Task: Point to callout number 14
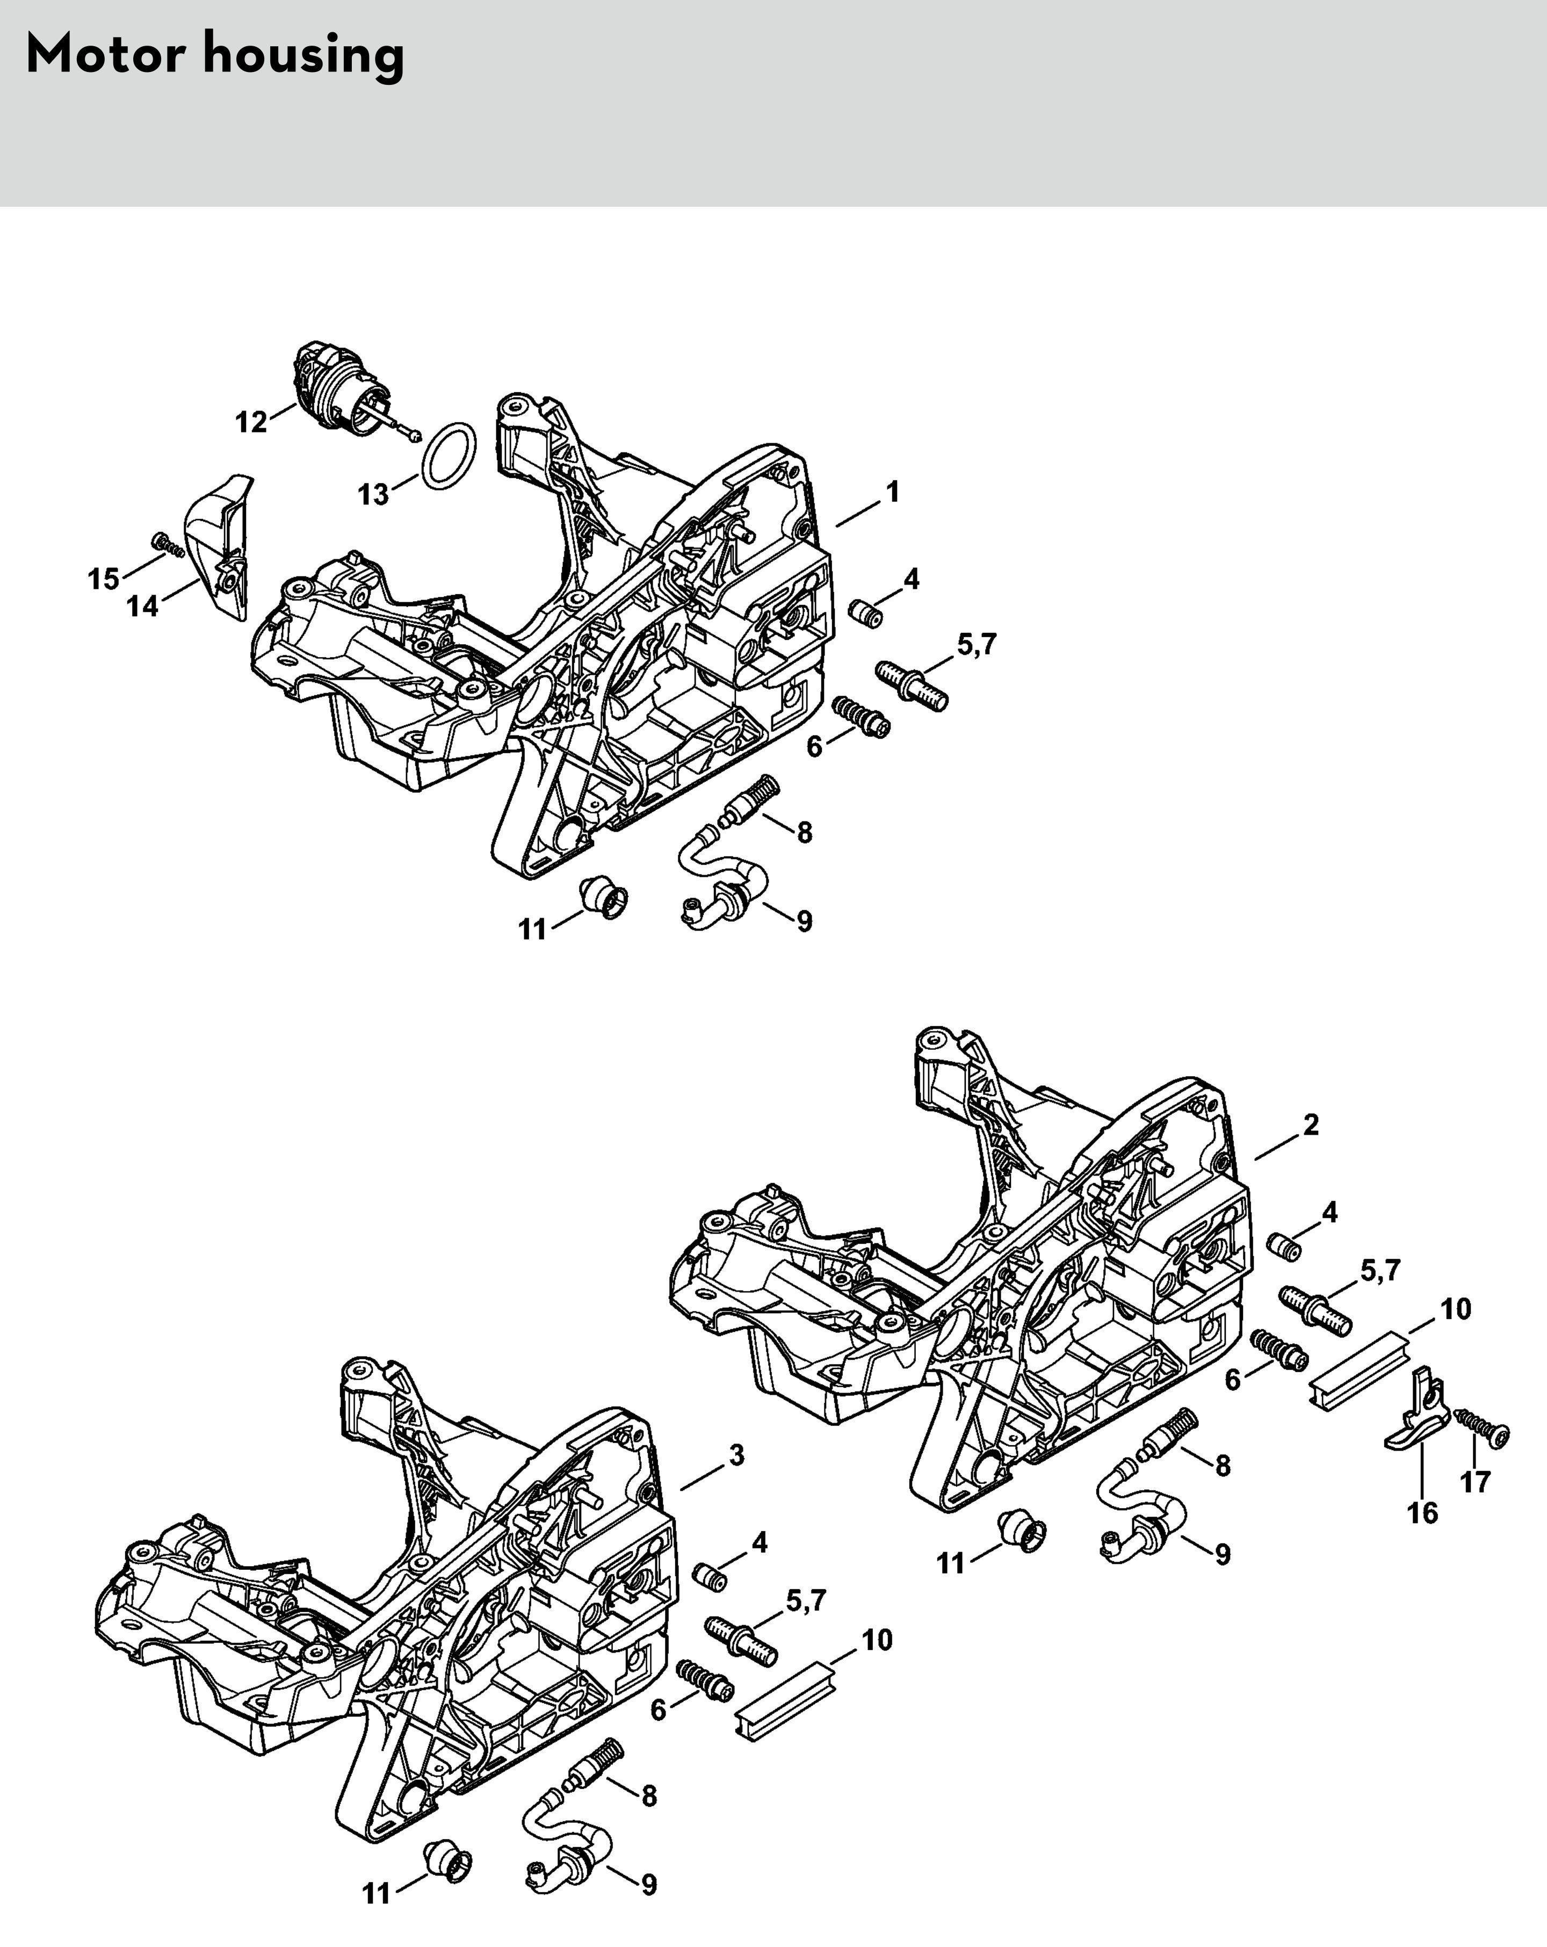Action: tap(143, 606)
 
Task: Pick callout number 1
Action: tap(892, 492)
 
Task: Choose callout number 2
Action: tap(1311, 1124)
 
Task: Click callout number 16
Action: tap(1422, 1512)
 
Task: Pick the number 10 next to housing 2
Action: tap(1455, 1309)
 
